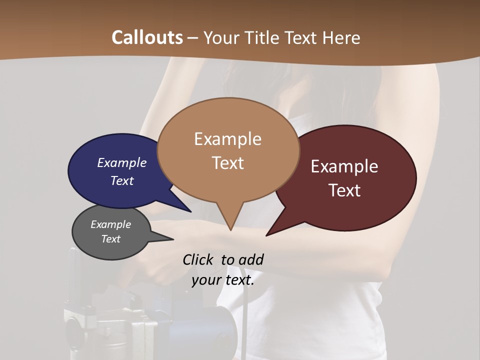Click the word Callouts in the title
(147, 37)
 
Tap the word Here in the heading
(339, 38)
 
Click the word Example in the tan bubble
(227, 139)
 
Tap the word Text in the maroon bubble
(344, 190)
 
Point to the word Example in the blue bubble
(122, 162)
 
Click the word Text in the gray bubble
(110, 239)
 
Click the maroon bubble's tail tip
(267, 235)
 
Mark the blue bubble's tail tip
(190, 211)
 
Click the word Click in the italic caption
(198, 259)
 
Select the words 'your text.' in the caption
(223, 280)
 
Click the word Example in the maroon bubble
(344, 166)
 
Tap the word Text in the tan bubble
(228, 163)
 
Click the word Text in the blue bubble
(122, 180)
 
